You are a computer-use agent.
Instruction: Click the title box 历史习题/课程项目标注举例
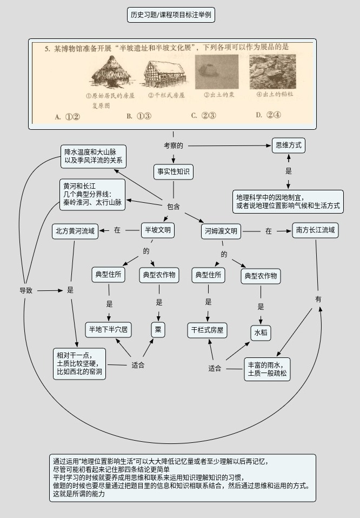pos(171,15)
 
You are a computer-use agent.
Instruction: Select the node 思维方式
pos(288,145)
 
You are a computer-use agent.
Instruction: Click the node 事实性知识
pos(174,172)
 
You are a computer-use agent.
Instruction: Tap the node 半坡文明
pos(158,230)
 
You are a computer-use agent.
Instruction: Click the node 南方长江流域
pos(316,230)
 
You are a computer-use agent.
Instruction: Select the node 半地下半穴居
pos(109,329)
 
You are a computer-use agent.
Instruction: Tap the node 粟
pos(158,330)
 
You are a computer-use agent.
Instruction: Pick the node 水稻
pos(261,332)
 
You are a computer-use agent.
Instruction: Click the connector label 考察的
pos(174,145)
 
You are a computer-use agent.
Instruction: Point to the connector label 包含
pos(173,206)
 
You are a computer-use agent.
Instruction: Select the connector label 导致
pos(26,290)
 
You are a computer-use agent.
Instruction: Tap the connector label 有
pos(318,299)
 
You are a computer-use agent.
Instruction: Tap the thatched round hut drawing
pos(106,73)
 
